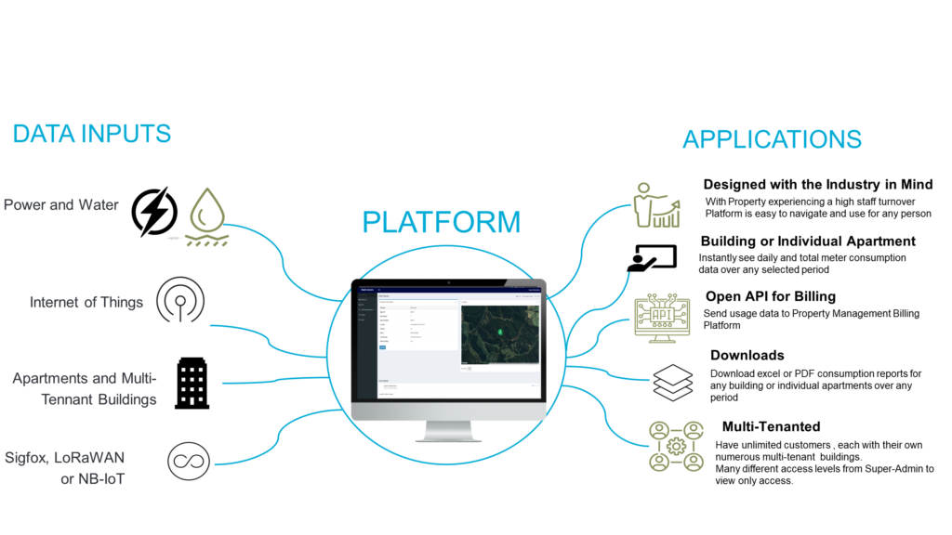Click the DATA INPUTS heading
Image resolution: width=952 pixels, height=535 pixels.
click(x=91, y=134)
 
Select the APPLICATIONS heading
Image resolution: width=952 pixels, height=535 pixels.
click(x=772, y=139)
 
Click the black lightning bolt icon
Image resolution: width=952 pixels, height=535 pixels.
click(x=154, y=212)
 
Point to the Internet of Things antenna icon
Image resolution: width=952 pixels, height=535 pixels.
click(x=180, y=299)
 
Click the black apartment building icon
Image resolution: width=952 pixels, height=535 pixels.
click(x=192, y=382)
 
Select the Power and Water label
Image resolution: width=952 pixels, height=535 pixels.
click(x=61, y=204)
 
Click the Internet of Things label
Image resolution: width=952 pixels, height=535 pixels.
click(x=86, y=302)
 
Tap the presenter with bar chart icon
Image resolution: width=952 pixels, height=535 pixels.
click(x=654, y=205)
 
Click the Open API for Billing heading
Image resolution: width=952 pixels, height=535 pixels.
click(x=771, y=296)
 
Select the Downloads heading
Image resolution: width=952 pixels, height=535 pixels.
click(x=747, y=355)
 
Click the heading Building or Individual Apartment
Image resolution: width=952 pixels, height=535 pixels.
click(x=808, y=241)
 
